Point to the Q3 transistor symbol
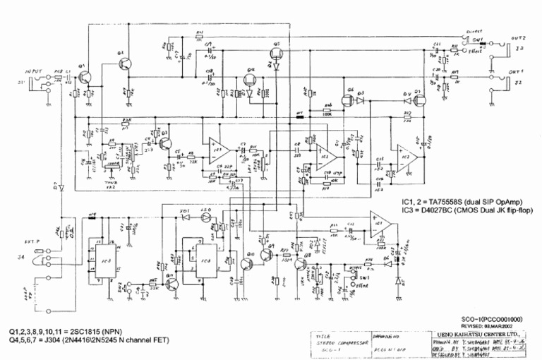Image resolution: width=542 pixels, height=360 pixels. point(164,143)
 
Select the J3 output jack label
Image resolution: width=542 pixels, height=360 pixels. point(519,49)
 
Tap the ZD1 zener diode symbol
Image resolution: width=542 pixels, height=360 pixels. point(185,217)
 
